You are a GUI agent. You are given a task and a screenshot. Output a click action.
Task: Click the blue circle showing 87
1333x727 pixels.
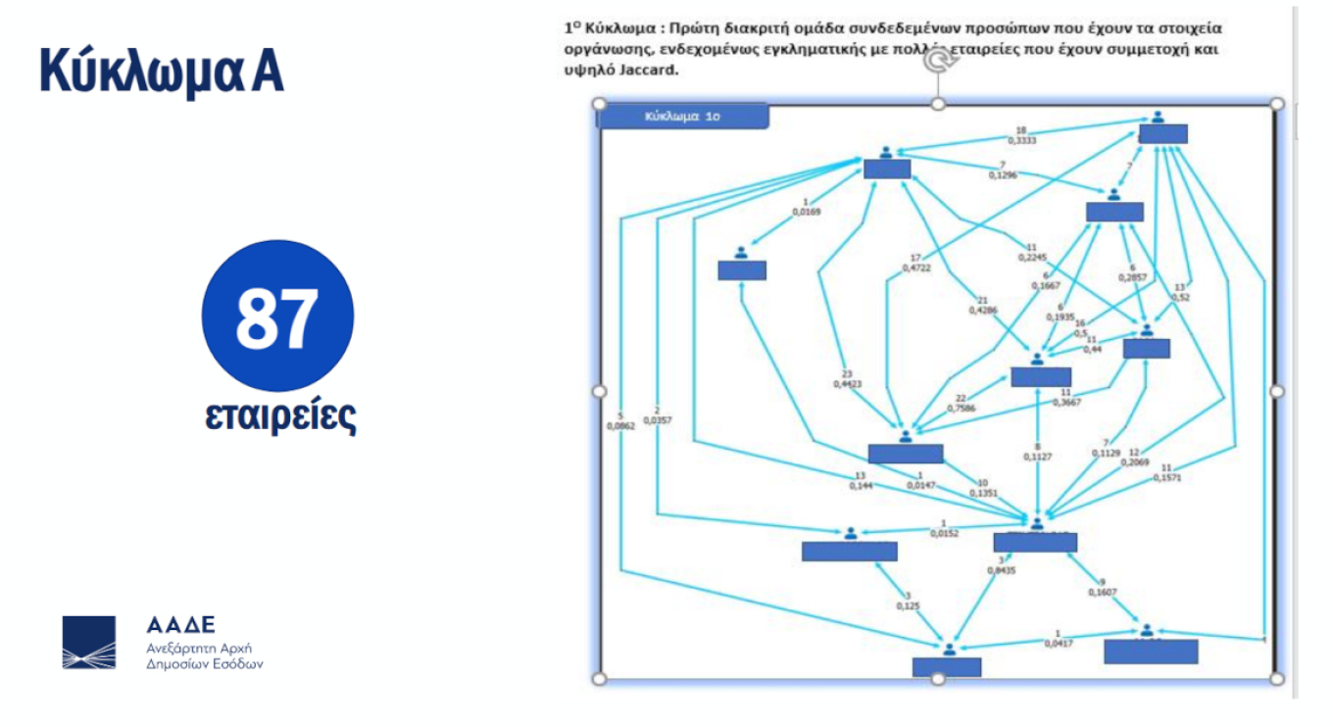pyautogui.click(x=277, y=316)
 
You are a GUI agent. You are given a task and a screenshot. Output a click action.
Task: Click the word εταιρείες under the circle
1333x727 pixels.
pyautogui.click(x=279, y=415)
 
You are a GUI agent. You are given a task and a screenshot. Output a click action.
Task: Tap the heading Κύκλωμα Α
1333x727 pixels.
pyautogui.click(x=162, y=71)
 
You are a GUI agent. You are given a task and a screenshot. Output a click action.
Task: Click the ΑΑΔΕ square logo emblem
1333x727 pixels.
pyautogui.click(x=89, y=643)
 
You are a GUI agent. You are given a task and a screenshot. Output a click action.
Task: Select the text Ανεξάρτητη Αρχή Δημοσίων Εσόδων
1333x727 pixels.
pyautogui.click(x=204, y=655)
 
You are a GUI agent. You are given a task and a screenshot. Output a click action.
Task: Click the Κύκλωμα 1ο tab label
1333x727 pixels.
pyautogui.click(x=682, y=116)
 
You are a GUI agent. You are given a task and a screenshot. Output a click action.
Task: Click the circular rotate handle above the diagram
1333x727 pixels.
pyautogui.click(x=939, y=61)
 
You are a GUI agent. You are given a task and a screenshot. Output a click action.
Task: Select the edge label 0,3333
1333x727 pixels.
pyautogui.click(x=1021, y=141)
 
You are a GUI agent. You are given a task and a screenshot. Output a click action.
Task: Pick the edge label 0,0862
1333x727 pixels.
pyautogui.click(x=620, y=425)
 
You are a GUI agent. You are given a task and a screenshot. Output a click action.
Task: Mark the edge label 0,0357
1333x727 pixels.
pyautogui.click(x=657, y=420)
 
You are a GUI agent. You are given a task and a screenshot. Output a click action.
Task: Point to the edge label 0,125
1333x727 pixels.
pyautogui.click(x=908, y=606)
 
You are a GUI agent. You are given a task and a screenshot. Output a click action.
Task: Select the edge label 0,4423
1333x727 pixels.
pyautogui.click(x=848, y=384)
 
